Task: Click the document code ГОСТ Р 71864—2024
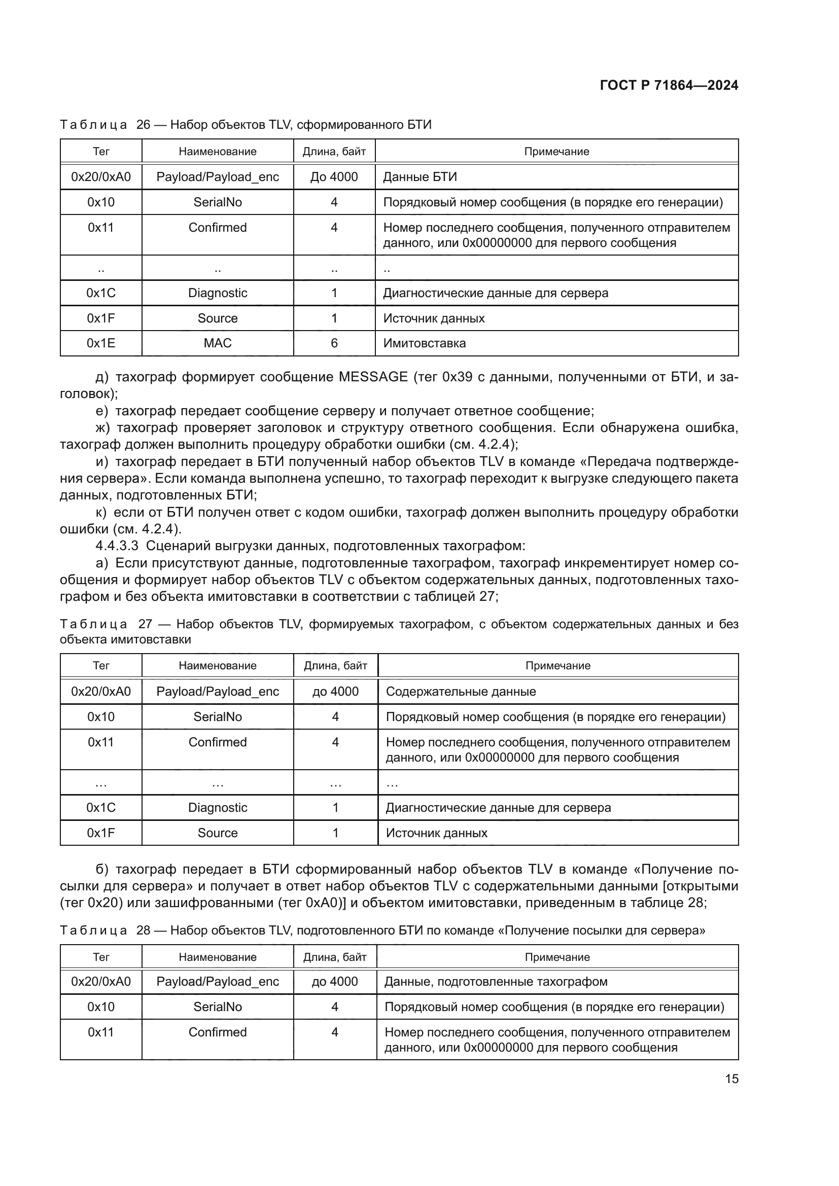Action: coord(669,85)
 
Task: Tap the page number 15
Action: coord(731,1079)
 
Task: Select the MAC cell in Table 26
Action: coord(218,343)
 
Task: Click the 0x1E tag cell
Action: coord(101,343)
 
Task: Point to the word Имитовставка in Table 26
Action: coord(424,343)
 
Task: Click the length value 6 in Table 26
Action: coord(334,343)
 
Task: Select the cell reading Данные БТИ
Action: coord(419,176)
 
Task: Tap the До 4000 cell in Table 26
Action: coord(334,176)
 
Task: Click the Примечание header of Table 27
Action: coord(557,665)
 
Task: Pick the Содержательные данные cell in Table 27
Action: coord(461,691)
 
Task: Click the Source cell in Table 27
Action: coord(218,833)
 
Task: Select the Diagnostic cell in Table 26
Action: coord(218,293)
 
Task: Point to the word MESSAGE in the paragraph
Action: coord(373,377)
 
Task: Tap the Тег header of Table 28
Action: coord(101,957)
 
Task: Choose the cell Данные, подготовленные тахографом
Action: coord(496,982)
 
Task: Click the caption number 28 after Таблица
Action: coord(143,930)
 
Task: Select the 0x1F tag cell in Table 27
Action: coord(101,833)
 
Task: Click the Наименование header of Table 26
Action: coord(218,151)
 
